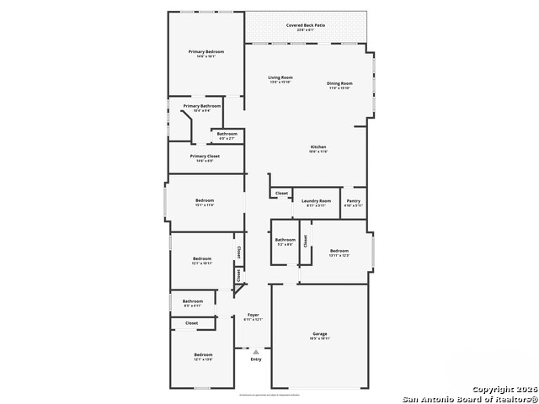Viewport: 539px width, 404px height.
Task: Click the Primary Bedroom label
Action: (205, 51)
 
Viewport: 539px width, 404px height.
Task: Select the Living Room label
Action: (280, 77)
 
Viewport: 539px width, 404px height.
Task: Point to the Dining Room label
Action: (339, 83)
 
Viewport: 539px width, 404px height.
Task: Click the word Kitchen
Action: (318, 146)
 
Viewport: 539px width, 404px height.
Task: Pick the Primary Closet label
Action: (205, 156)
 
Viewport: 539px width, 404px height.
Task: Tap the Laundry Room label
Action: (316, 201)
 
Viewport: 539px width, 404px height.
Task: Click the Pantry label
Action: (354, 201)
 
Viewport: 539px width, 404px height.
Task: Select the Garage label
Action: (320, 333)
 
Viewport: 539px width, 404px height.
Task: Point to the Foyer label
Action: (253, 315)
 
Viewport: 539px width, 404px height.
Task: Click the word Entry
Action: (256, 359)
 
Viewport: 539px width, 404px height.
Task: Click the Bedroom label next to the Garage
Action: (339, 251)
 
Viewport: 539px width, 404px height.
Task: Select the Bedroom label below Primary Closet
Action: (205, 200)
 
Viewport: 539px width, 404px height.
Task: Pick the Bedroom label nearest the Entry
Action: (203, 354)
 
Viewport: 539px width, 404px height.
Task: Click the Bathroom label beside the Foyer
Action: (193, 300)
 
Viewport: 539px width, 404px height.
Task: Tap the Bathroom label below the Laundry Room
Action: (285, 240)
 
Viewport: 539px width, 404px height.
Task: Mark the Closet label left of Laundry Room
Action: (281, 193)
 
